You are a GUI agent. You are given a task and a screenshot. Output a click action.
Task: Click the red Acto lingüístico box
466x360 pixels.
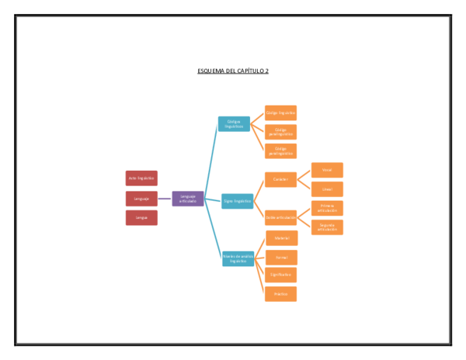tap(141, 178)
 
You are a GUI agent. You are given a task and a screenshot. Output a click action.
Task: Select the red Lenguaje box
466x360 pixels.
tap(141, 199)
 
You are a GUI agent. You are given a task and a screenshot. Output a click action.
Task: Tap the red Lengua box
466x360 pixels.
tap(141, 218)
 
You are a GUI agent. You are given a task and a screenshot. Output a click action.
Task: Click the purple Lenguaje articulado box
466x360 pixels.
tap(188, 199)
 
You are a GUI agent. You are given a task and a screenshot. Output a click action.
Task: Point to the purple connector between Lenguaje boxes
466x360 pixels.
tap(165, 199)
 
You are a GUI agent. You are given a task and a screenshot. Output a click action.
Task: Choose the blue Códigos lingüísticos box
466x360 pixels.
tap(234, 123)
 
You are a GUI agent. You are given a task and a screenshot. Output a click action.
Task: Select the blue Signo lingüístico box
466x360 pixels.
tap(237, 201)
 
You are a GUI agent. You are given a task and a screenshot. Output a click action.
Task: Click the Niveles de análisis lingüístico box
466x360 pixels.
tap(238, 258)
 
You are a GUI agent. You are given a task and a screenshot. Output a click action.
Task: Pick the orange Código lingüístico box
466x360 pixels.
tap(280, 112)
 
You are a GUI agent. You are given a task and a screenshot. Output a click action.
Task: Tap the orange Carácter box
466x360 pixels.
tap(280, 179)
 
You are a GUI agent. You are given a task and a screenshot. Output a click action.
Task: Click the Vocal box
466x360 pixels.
tap(327, 170)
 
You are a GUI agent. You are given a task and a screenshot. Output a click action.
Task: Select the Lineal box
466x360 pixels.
tap(327, 189)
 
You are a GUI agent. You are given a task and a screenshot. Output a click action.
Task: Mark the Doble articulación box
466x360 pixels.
tap(280, 218)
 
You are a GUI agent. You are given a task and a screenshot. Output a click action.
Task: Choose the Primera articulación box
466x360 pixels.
tap(327, 208)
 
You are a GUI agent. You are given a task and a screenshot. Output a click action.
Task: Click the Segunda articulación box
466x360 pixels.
tap(327, 227)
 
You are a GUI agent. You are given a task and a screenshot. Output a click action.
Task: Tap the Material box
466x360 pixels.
tap(281, 238)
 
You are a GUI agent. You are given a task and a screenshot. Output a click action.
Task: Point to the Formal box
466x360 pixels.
tap(281, 257)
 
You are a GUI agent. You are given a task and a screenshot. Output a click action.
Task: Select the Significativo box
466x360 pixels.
tap(281, 275)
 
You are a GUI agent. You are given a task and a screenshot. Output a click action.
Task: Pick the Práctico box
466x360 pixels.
tap(281, 294)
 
